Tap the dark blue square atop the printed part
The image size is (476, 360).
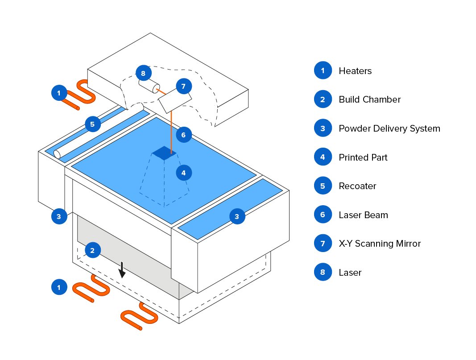coord(164,153)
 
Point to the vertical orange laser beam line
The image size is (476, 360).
coord(171,129)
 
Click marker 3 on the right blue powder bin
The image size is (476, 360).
coord(237,217)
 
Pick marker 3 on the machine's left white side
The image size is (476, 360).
coord(58,217)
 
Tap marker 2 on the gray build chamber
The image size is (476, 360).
coord(92,250)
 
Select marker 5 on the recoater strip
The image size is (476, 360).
coord(92,124)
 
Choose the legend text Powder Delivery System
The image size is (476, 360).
coord(389,128)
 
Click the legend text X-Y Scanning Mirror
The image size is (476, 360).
coord(380,244)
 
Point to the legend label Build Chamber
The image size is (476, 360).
coord(369,99)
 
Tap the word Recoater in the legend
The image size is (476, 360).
coord(357,186)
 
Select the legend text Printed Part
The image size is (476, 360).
coord(363,157)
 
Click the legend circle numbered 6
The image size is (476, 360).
coord(323,215)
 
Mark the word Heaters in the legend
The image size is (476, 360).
coord(355,71)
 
